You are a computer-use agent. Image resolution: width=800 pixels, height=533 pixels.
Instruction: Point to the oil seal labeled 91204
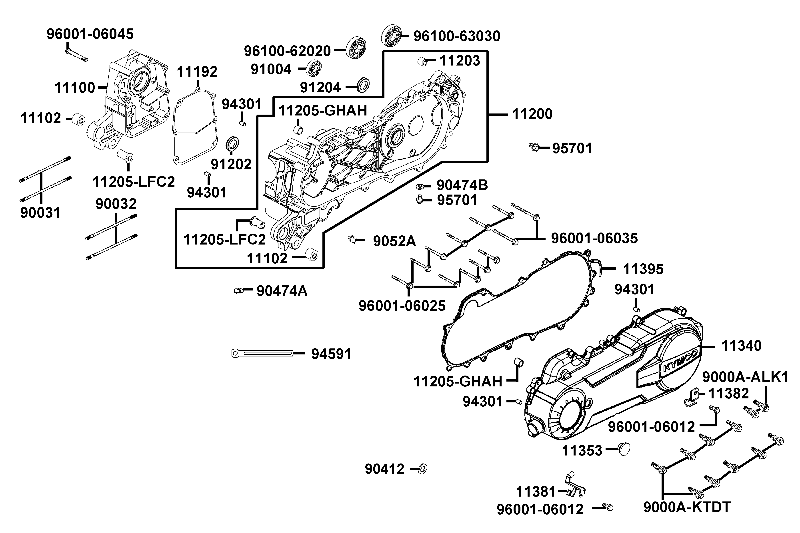363,85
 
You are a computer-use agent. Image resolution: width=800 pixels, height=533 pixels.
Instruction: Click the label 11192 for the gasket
197,72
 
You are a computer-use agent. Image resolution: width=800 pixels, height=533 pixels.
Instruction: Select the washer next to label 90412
422,469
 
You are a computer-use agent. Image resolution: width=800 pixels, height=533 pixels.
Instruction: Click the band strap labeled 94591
262,354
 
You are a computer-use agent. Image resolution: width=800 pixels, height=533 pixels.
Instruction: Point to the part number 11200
532,114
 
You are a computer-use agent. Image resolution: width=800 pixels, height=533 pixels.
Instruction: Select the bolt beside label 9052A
352,240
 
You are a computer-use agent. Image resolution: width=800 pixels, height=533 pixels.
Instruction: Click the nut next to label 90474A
239,291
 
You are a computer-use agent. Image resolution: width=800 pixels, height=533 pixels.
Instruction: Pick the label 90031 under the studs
40,213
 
